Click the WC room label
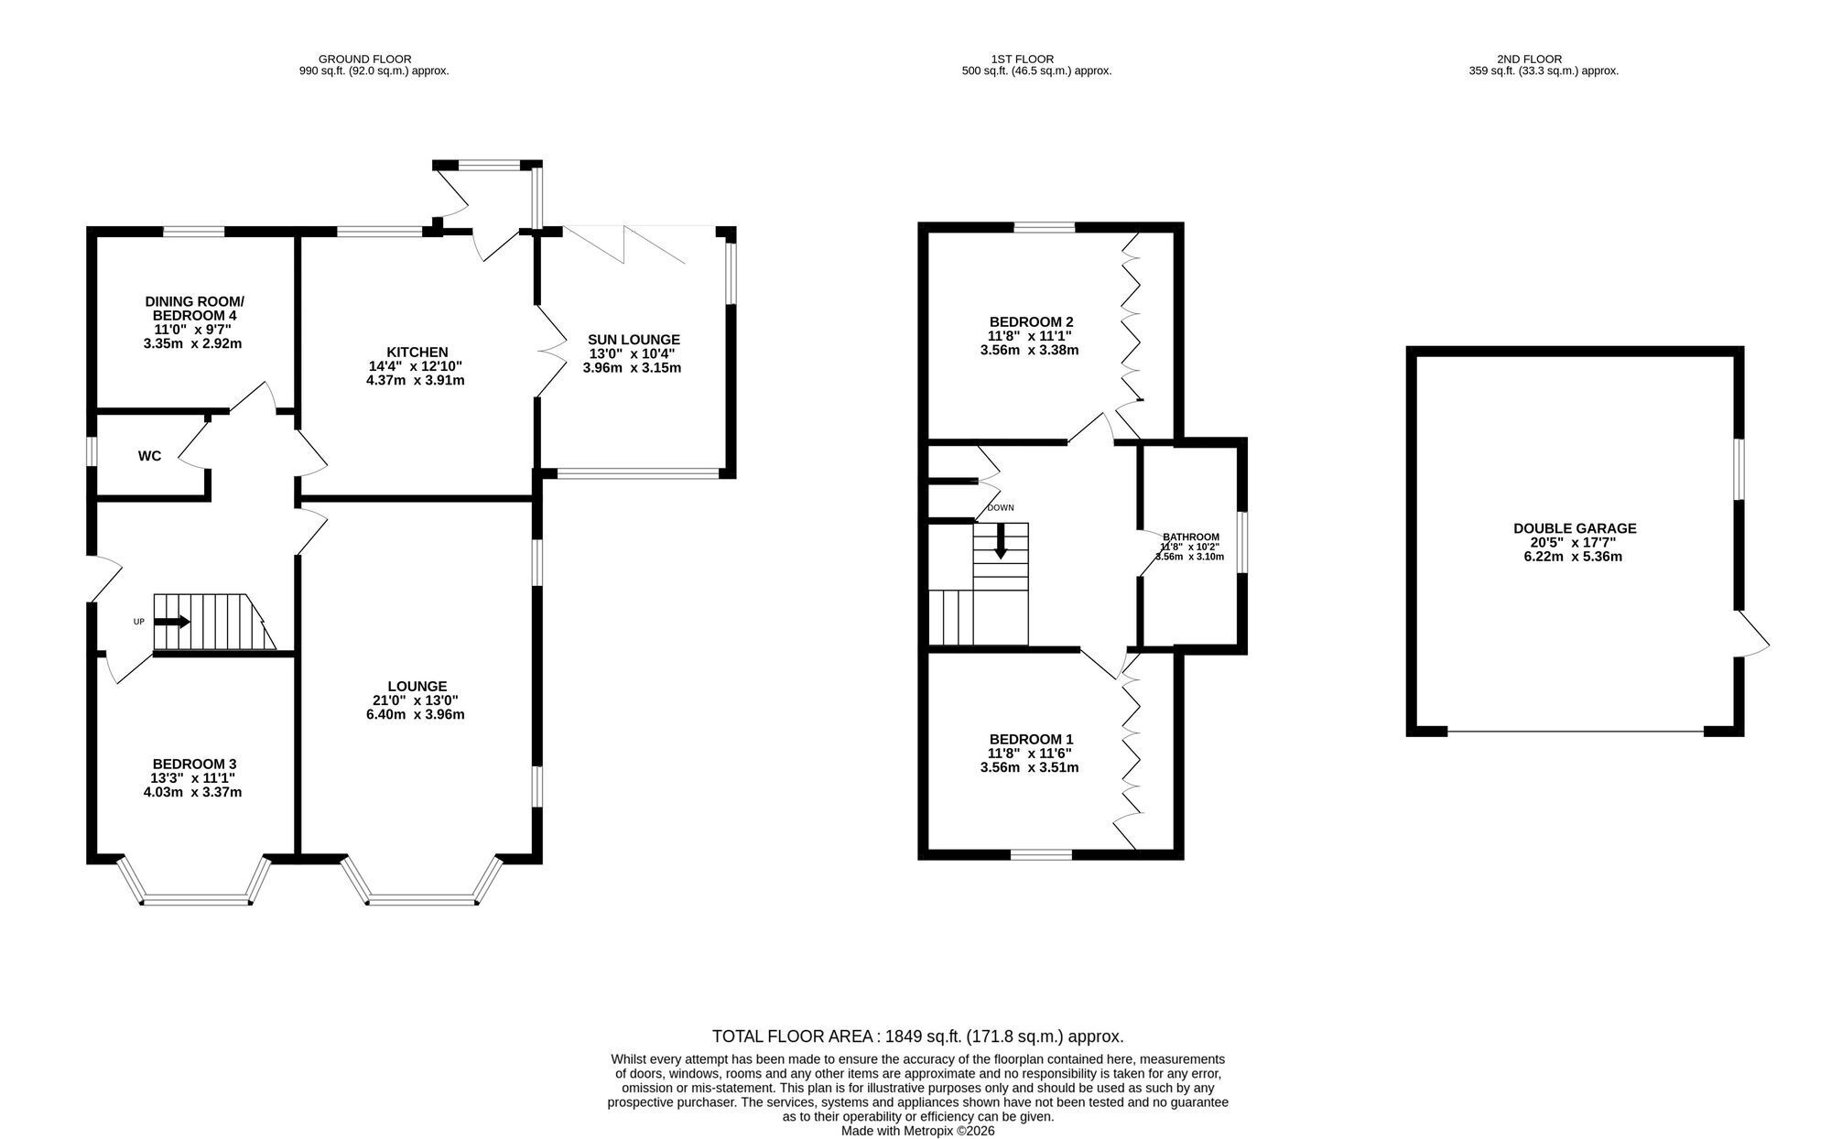[149, 456]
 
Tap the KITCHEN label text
[417, 352]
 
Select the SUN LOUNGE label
[634, 340]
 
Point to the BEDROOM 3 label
[194, 764]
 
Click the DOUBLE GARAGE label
[1575, 528]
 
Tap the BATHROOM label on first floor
[1191, 537]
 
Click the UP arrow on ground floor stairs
[172, 622]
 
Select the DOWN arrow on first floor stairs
[1001, 540]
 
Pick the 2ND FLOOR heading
[1543, 59]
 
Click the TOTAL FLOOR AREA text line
[917, 1036]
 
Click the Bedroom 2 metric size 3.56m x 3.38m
[1030, 350]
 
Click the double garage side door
[1750, 634]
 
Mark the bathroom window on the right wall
[1242, 542]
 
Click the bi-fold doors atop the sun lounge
[625, 243]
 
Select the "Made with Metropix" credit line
[918, 1131]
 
